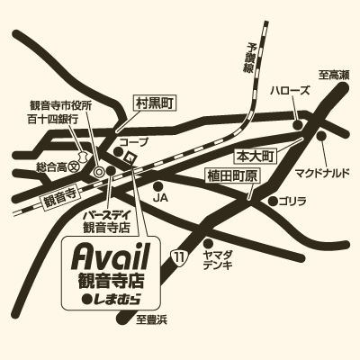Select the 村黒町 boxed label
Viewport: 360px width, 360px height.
150,103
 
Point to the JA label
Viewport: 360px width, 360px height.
162,195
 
